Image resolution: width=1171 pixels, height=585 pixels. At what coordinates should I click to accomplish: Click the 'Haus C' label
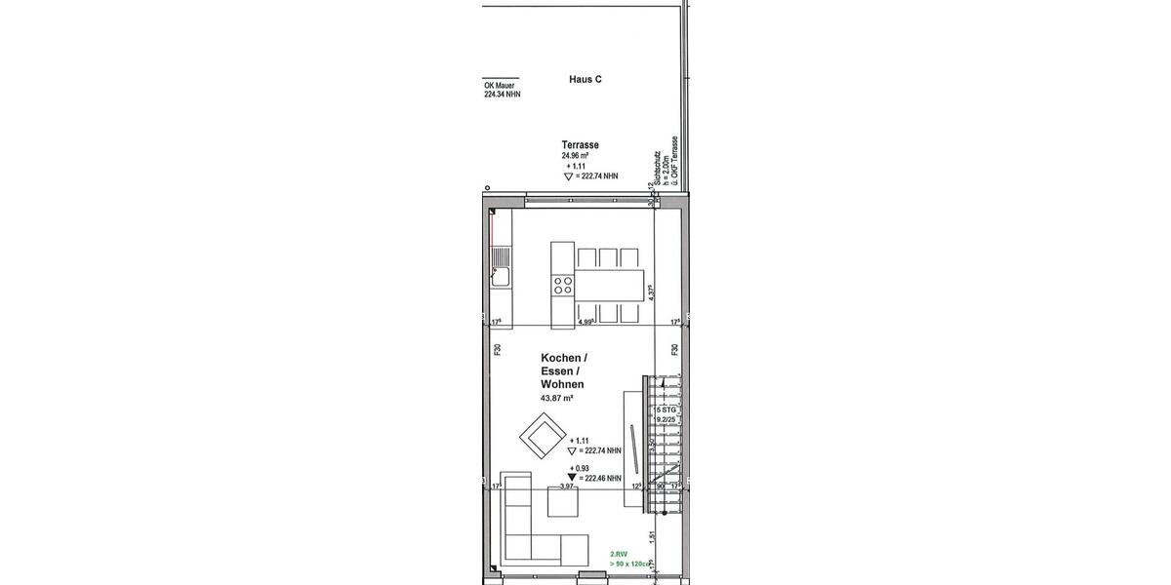tap(585, 79)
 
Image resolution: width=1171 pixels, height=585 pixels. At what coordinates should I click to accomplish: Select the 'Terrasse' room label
tap(580, 144)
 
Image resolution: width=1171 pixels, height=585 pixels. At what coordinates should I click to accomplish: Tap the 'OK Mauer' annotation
tap(499, 86)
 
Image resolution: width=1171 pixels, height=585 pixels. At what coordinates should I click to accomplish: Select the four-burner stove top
tap(563, 285)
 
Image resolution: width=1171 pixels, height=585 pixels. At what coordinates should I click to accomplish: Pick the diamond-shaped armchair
tap(543, 436)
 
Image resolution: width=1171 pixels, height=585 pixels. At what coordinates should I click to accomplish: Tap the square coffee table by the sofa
tap(563, 503)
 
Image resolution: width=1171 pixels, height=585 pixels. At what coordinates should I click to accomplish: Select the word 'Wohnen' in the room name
tap(562, 385)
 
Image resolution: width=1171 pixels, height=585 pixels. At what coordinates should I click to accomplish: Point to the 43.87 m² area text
tap(557, 399)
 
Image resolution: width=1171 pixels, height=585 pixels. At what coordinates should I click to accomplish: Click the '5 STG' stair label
tap(666, 410)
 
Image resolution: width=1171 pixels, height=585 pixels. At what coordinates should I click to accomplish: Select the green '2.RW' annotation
tap(619, 554)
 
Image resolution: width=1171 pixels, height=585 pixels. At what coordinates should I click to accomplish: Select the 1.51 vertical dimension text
tap(651, 535)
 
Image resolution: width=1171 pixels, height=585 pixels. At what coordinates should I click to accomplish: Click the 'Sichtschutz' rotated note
tap(660, 166)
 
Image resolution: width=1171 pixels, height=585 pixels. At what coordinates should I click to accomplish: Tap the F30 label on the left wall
tap(497, 349)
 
